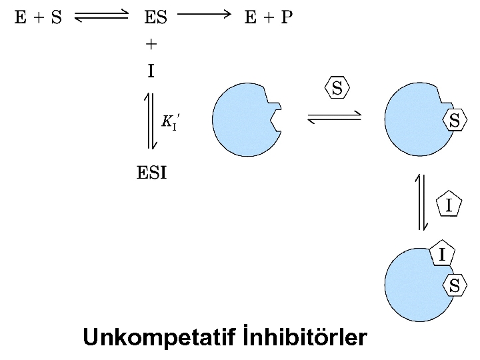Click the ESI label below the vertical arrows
152,175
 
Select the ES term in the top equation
155,17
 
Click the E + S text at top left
39,17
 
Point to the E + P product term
268,17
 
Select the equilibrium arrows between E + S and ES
101,18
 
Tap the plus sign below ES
151,45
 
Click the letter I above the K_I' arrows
151,71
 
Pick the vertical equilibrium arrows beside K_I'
151,121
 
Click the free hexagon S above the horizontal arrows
337,88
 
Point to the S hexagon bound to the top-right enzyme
454,121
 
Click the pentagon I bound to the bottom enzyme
441,253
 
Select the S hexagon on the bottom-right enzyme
454,285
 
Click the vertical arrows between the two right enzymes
421,201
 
